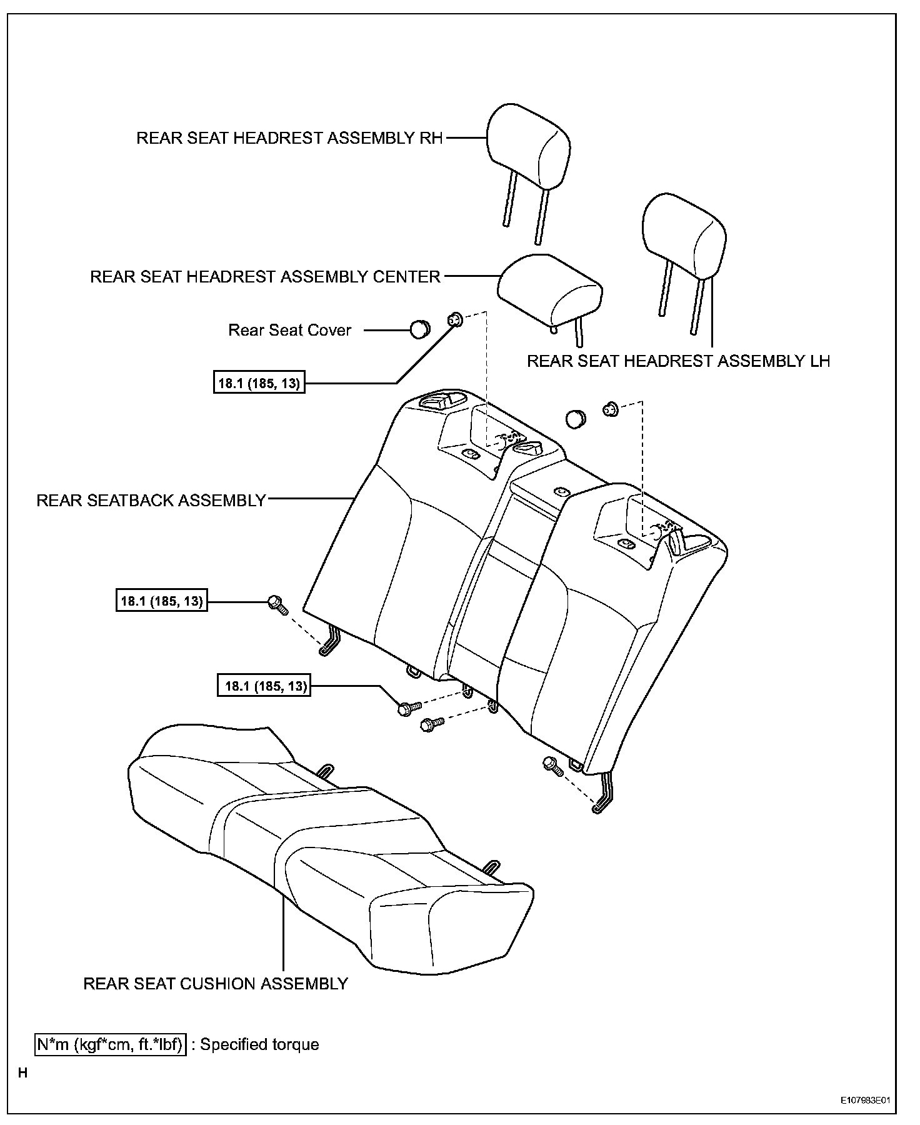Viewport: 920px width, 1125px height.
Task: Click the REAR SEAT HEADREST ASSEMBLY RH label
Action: (289, 138)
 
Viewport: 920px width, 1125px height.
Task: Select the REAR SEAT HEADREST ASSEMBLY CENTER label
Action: (266, 277)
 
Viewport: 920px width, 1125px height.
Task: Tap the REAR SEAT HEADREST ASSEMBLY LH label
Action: (678, 361)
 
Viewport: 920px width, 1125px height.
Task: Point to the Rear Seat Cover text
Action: (289, 330)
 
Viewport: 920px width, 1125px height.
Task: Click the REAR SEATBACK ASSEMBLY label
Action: (151, 501)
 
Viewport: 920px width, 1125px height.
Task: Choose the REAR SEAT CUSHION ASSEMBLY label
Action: (216, 984)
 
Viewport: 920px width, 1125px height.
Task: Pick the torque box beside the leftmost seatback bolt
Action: (161, 602)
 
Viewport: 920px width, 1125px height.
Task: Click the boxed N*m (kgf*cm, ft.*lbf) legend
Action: (111, 1045)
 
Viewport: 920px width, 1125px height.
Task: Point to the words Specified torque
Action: (259, 1045)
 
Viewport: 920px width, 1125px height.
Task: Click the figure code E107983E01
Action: (864, 1101)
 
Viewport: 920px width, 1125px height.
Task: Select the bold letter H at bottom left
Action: (23, 1074)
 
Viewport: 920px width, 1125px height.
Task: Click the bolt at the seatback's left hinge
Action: (276, 604)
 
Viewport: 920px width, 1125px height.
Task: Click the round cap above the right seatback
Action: (575, 419)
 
